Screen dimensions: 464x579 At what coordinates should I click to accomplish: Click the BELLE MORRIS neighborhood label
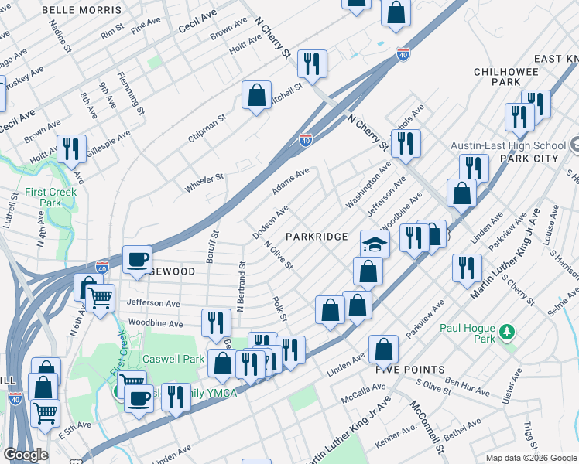[81, 10]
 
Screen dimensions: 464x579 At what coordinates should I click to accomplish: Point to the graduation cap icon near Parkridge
[375, 244]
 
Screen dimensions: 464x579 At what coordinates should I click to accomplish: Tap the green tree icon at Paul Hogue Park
[508, 332]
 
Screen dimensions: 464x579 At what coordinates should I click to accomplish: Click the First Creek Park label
[50, 197]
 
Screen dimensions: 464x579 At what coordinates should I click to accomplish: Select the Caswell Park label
[173, 359]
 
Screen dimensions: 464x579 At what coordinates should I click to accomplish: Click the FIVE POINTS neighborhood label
[410, 370]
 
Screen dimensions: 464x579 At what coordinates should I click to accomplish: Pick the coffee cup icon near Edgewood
[138, 260]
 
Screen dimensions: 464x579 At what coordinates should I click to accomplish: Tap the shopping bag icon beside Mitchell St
[256, 95]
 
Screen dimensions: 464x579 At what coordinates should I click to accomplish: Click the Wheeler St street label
[204, 183]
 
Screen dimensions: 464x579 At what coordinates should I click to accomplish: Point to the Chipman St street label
[207, 130]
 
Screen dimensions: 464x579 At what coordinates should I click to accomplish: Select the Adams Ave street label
[290, 180]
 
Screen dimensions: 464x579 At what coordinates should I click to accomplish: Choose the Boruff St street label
[214, 244]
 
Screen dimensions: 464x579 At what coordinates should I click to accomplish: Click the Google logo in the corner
[26, 454]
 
